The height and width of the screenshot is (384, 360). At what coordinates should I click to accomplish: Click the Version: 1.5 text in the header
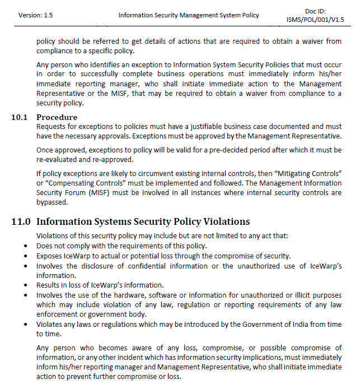(x=36, y=15)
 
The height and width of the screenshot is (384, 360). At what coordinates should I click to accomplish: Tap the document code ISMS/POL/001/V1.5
(x=315, y=20)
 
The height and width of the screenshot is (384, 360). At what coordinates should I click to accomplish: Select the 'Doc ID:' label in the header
(x=316, y=11)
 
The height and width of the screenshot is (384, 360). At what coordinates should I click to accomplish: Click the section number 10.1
(x=20, y=117)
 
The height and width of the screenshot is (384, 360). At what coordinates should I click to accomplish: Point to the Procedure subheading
(x=57, y=117)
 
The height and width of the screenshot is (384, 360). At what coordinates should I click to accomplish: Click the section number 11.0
(x=21, y=221)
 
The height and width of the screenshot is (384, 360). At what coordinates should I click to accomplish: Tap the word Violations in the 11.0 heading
(x=221, y=221)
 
